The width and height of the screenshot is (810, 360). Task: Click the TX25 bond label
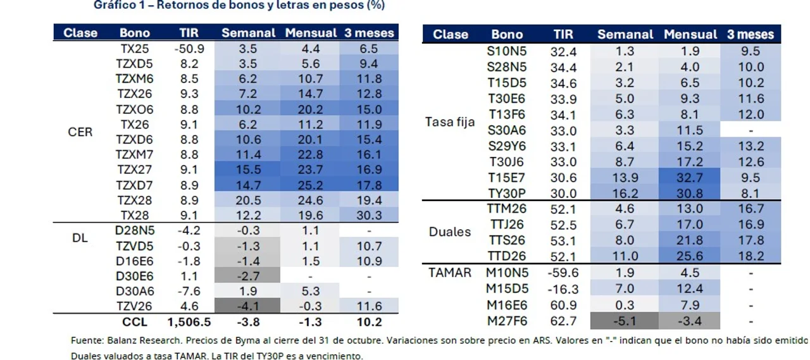tap(135, 49)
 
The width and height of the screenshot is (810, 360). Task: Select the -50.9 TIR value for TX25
tap(189, 49)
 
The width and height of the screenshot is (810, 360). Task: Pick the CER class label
tap(80, 132)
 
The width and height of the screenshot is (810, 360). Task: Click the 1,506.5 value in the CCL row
tap(189, 321)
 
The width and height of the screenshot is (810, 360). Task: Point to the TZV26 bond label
tap(135, 307)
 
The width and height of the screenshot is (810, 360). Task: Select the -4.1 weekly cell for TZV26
tap(248, 307)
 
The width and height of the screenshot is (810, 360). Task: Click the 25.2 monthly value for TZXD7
tap(309, 185)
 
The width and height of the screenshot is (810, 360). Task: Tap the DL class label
tap(80, 239)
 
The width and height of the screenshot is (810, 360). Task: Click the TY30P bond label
tap(507, 194)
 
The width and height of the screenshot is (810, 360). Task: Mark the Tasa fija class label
tap(450, 122)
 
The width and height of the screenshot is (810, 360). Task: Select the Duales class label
tap(450, 232)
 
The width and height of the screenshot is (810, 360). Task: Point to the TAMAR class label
tap(450, 273)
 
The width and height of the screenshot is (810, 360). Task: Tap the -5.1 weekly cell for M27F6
tap(625, 321)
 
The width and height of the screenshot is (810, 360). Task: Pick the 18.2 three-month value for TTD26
tap(751, 256)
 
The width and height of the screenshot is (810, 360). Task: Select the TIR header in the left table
tap(189, 33)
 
